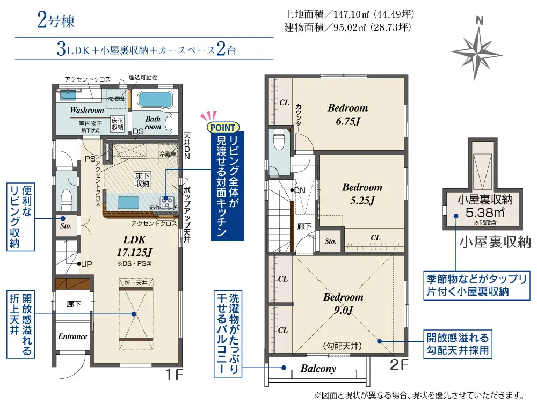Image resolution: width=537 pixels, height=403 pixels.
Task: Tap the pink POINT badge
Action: (x=223, y=128)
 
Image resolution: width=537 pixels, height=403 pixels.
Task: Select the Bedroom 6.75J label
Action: (x=347, y=114)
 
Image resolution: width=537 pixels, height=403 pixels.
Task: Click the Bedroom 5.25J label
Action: (x=362, y=193)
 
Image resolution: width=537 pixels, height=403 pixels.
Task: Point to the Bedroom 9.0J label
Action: (x=343, y=303)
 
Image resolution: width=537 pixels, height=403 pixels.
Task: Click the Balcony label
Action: (x=318, y=369)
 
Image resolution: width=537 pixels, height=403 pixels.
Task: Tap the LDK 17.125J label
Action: (x=134, y=246)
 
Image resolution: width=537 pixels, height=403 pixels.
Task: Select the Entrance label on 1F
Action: (x=72, y=336)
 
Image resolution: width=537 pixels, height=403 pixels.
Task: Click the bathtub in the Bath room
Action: (x=154, y=100)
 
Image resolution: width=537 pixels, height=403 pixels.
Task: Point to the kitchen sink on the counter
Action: (x=129, y=202)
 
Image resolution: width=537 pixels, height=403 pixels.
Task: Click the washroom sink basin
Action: (x=69, y=95)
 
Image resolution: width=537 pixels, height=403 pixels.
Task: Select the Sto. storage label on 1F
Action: (x=66, y=226)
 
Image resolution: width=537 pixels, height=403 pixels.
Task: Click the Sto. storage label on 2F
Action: (x=330, y=241)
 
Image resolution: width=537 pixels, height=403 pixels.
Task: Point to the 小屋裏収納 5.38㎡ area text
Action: (x=485, y=206)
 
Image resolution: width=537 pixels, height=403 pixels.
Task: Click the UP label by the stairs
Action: (x=86, y=264)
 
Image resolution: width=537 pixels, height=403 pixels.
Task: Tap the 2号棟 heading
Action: (x=55, y=21)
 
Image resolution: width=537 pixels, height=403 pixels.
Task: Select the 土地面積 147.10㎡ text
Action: (x=350, y=14)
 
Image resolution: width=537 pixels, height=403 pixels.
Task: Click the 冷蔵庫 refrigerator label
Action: (x=168, y=155)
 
